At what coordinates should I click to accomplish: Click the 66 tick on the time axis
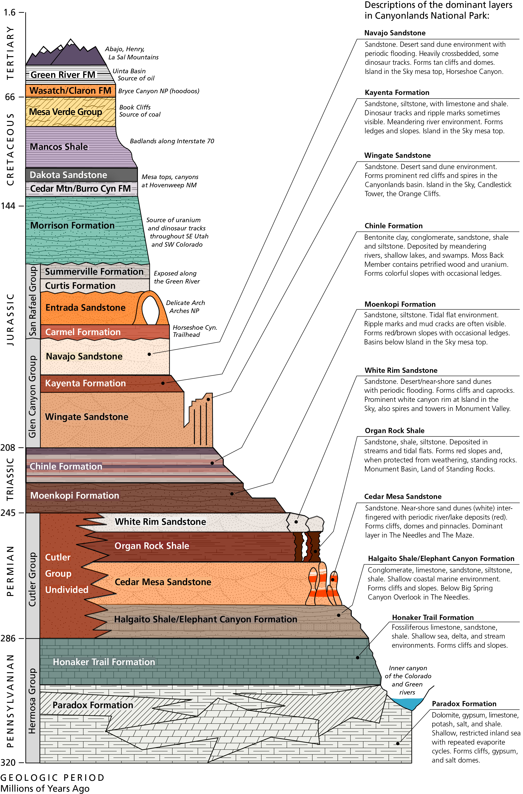pos(10,97)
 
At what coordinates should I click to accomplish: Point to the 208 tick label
pos(8,447)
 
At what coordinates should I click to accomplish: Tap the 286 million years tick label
pos(8,638)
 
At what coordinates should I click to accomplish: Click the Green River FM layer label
pos(63,75)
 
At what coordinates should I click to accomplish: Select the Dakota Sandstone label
pos(68,175)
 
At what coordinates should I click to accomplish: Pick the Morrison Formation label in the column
pos(72,225)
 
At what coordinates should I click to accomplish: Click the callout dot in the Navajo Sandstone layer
pos(149,354)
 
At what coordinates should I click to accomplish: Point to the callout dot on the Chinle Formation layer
pos(212,463)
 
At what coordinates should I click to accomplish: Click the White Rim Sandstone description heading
pos(401,370)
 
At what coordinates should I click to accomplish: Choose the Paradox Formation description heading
pos(464,704)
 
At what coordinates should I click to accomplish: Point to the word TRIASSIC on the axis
pos(10,479)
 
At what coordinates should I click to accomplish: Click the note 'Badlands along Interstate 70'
pos(172,141)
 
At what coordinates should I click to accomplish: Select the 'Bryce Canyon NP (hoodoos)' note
pos(159,91)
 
